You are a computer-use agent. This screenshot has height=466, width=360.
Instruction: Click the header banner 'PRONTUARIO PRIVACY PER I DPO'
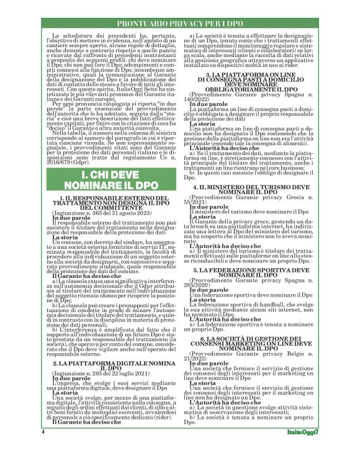click(x=179, y=23)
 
